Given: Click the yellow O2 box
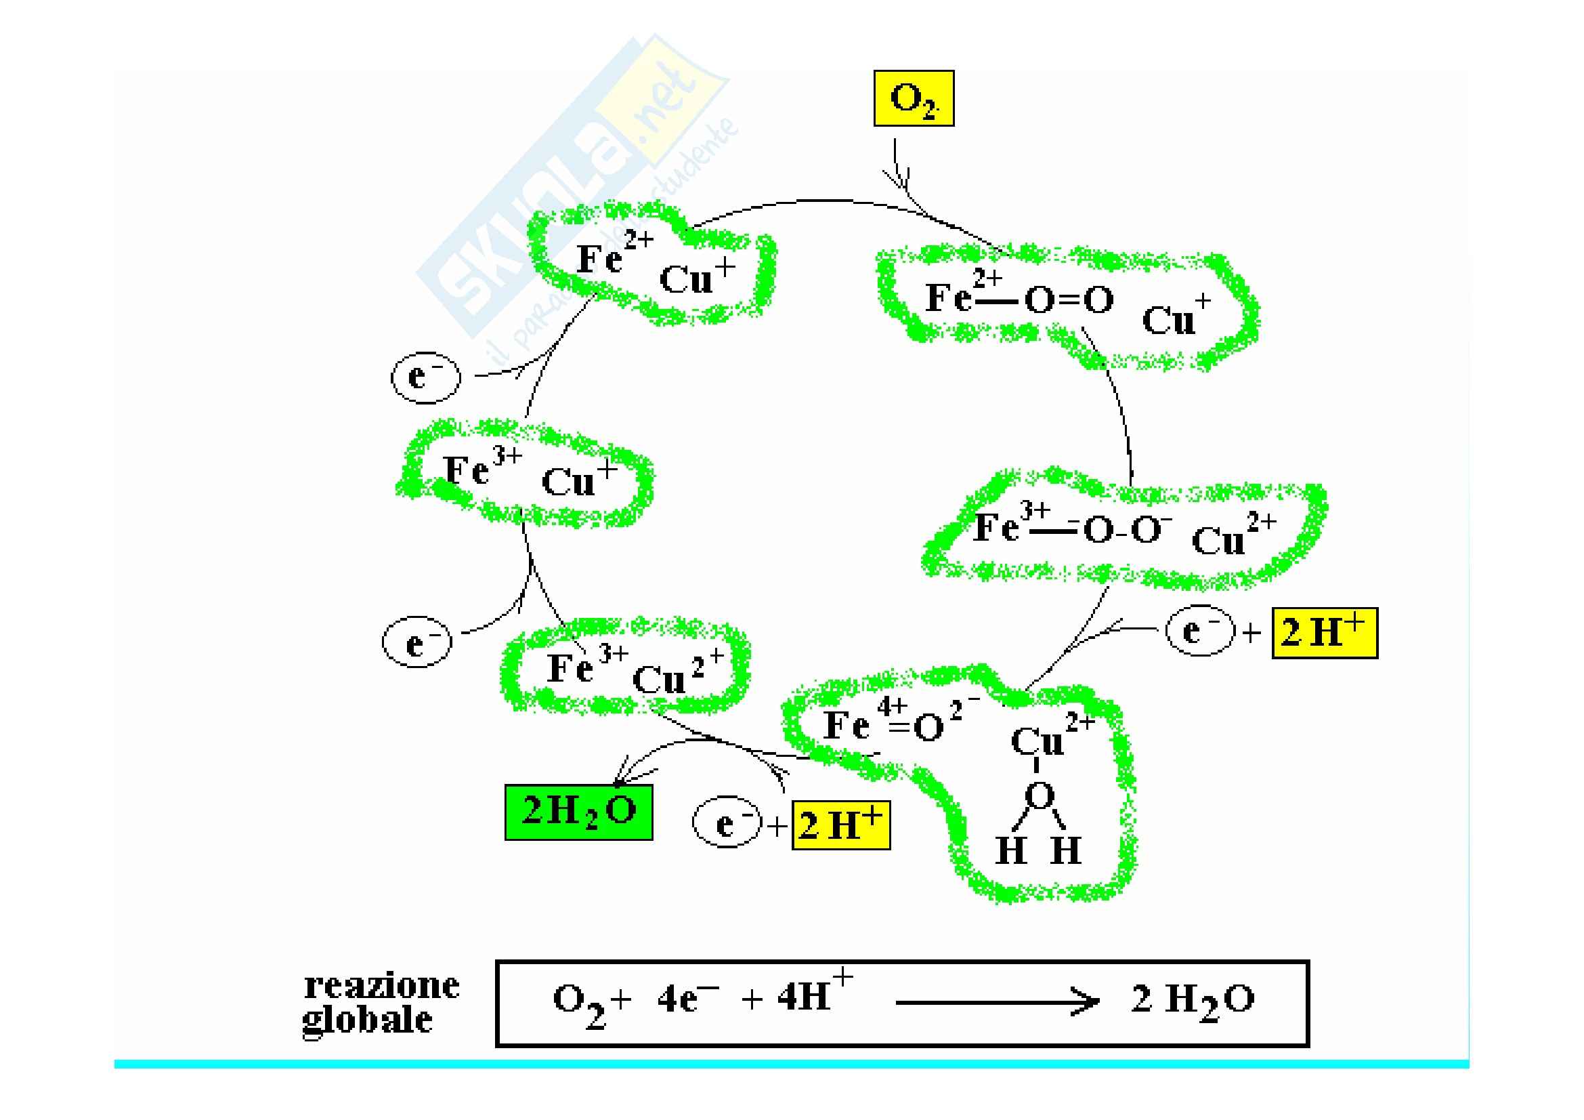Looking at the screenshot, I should click(913, 98).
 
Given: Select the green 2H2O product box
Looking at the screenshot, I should click(578, 812).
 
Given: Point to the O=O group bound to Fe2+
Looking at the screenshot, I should click(1069, 301).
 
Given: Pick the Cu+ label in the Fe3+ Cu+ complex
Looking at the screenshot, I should click(578, 478).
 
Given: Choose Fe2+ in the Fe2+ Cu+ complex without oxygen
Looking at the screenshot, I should click(612, 257).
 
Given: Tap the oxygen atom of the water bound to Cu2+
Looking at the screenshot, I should click(1039, 795).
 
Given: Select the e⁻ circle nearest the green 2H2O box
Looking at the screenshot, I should click(726, 825).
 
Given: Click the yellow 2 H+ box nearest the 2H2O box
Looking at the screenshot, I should click(840, 825).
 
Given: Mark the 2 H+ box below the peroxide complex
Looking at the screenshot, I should click(1324, 633).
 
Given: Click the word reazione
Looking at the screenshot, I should click(381, 985).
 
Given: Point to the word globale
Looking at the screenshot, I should click(368, 1020).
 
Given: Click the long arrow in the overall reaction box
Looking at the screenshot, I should click(996, 1002).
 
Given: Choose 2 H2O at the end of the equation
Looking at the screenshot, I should click(1192, 1001).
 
